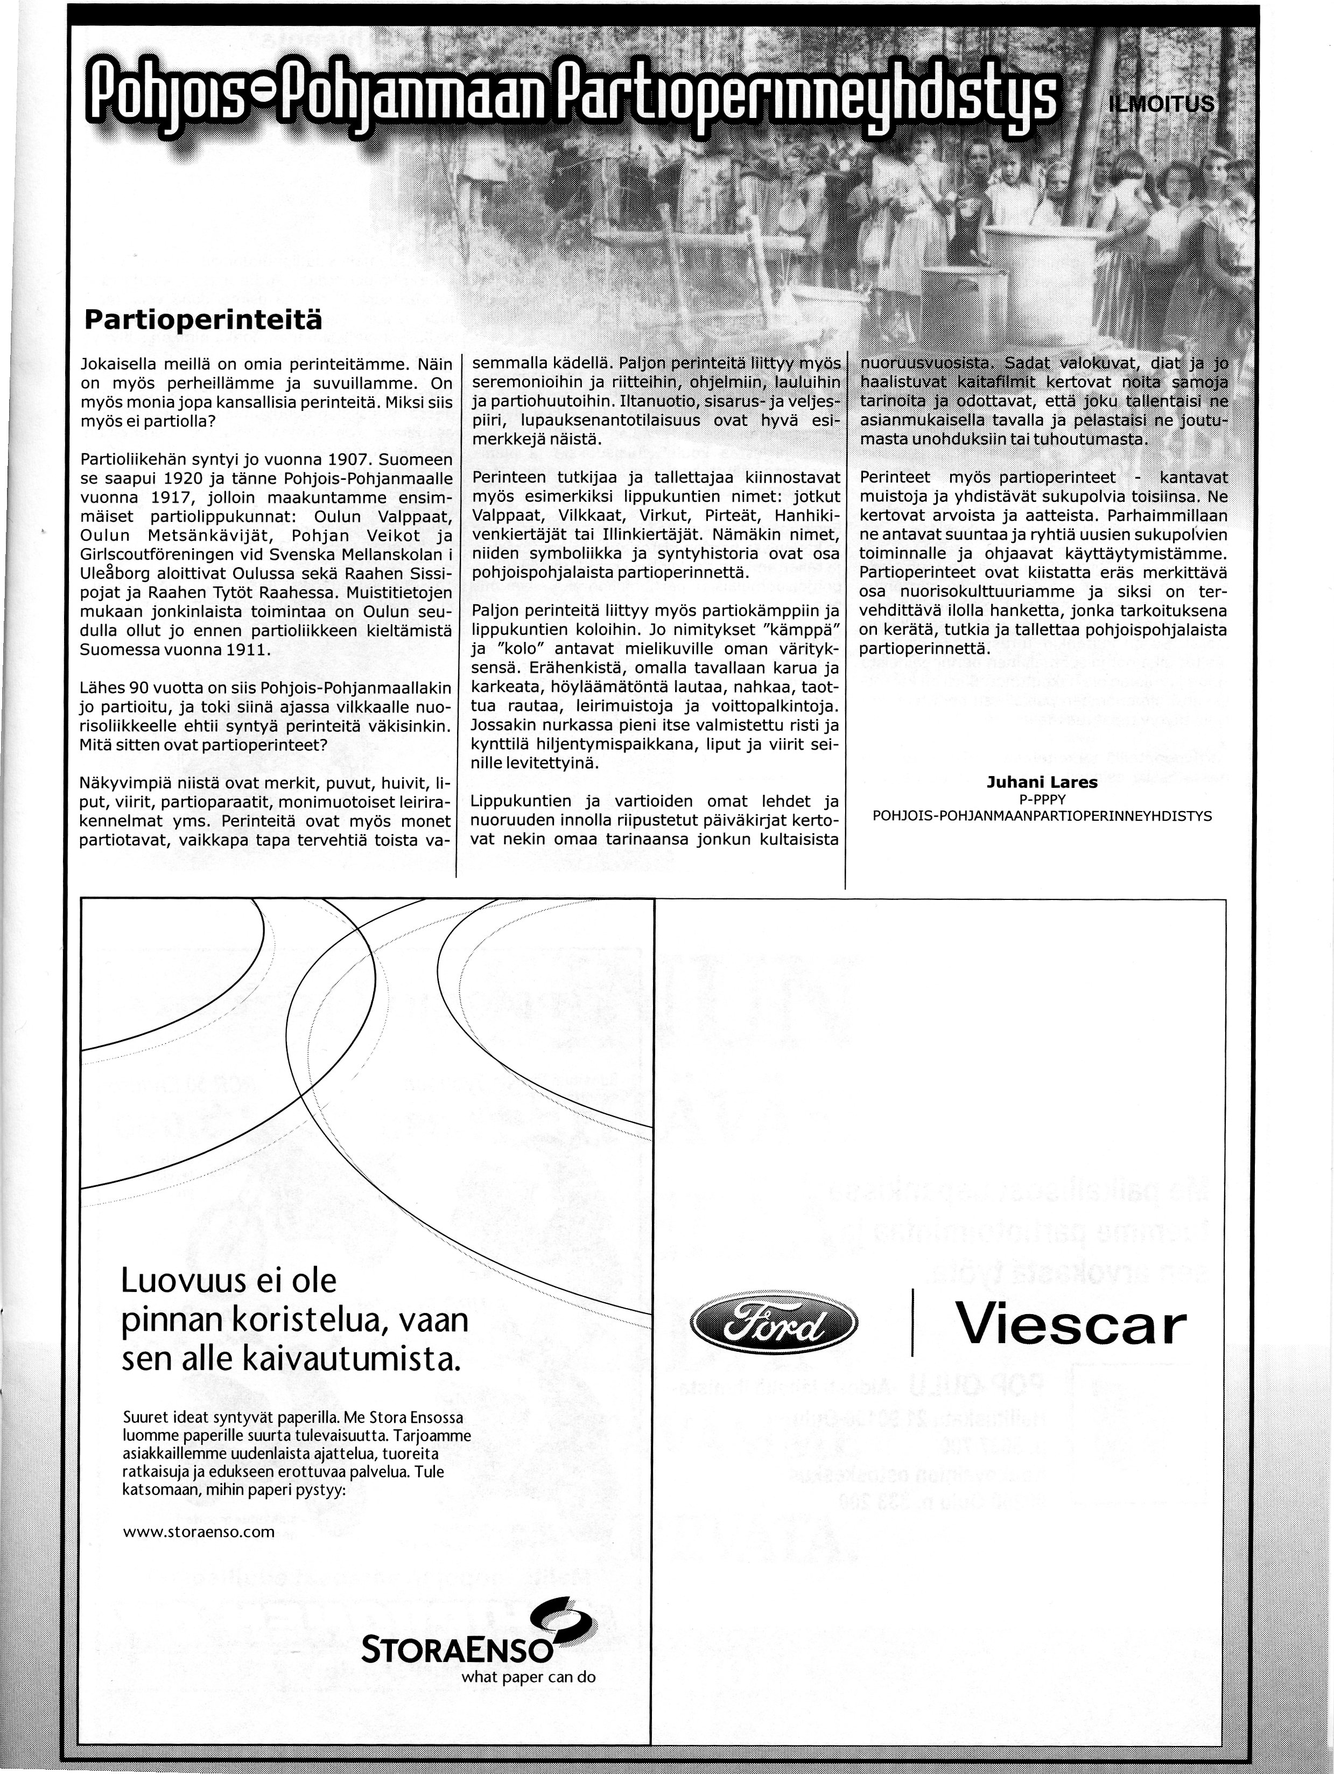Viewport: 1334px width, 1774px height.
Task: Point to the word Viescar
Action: pos(1070,1326)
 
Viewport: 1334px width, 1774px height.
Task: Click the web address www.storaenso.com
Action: pos(199,1532)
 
